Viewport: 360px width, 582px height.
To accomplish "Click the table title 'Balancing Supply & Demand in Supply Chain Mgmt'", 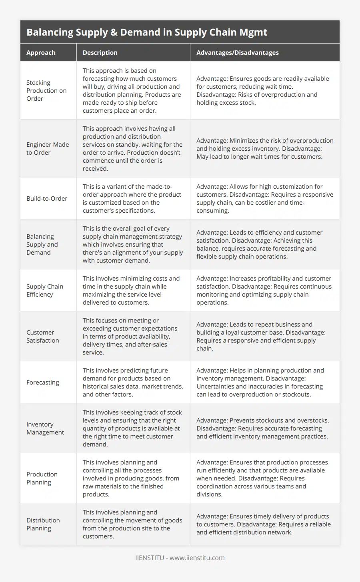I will tap(147, 32).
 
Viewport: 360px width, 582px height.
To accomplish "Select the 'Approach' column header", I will tap(41, 52).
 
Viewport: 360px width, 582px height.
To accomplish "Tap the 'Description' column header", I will tap(100, 52).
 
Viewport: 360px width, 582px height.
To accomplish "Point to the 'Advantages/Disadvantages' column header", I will tap(237, 52).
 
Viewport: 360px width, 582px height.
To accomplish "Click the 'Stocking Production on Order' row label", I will tap(46, 90).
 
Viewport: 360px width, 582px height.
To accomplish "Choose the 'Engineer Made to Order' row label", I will tap(48, 148).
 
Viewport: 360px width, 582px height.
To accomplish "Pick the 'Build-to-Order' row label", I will tap(47, 198).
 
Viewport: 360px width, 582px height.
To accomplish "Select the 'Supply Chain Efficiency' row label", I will tap(45, 290).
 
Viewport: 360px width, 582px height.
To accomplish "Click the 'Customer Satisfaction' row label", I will tap(43, 336).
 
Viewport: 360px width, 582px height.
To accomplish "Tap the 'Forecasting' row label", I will tap(43, 382).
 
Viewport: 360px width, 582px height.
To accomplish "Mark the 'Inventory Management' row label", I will tap(45, 428).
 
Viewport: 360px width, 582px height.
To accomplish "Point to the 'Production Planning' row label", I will tap(42, 478).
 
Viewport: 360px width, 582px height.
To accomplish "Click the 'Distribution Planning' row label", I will tap(43, 524).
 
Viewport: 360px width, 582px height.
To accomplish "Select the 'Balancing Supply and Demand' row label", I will tap(42, 244).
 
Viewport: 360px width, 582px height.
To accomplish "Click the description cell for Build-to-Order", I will tap(132, 198).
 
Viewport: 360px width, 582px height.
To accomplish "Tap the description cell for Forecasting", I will tap(133, 382).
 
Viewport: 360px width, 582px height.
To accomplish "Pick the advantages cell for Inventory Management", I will tap(262, 428).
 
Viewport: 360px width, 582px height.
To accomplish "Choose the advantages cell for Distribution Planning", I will tap(263, 524).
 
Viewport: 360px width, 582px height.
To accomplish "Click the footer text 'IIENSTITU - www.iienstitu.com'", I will tap(180, 558).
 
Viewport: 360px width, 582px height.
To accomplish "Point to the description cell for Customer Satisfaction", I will tap(130, 336).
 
